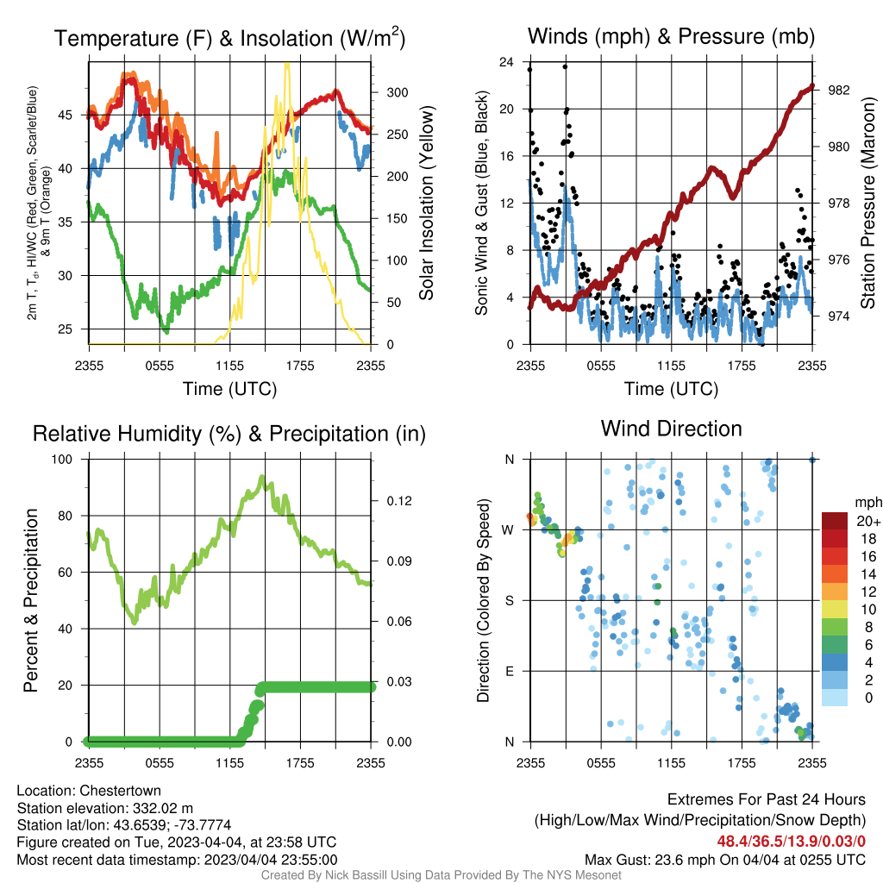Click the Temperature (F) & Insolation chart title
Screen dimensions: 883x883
(x=229, y=38)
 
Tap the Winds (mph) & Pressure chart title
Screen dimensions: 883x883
(x=671, y=36)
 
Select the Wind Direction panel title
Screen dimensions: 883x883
(x=671, y=429)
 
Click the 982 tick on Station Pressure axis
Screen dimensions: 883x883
(x=838, y=90)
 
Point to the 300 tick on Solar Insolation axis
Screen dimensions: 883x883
(x=398, y=92)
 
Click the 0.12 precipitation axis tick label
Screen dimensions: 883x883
(x=399, y=501)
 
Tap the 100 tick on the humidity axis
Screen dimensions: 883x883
(x=62, y=459)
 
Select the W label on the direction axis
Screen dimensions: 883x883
(x=508, y=530)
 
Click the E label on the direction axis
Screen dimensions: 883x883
(x=509, y=671)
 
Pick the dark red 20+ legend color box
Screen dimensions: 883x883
(x=835, y=521)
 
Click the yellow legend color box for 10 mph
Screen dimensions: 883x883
(x=835, y=610)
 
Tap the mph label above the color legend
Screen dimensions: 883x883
(x=868, y=503)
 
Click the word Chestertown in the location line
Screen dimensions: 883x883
(x=120, y=791)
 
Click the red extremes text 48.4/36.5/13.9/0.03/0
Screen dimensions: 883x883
(x=792, y=842)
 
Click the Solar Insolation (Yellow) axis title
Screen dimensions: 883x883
(x=426, y=203)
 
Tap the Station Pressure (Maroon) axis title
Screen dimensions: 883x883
(x=867, y=203)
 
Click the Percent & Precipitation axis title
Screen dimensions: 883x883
(x=30, y=600)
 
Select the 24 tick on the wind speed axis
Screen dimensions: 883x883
(x=506, y=61)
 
